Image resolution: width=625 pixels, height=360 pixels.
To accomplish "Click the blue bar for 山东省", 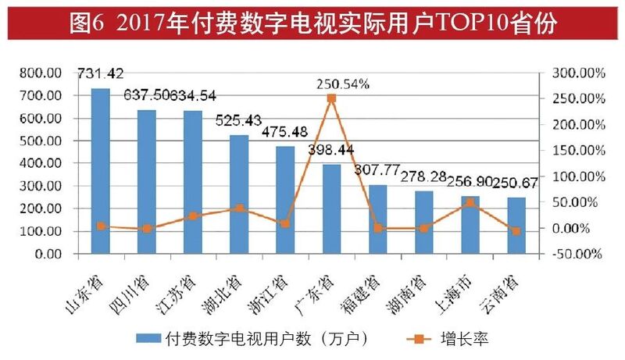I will point(101,172).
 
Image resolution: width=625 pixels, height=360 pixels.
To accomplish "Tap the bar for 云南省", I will point(516,226).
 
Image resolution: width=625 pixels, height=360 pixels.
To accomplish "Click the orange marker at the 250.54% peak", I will point(331,98).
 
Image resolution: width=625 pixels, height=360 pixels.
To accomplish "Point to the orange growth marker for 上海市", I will point(470,202).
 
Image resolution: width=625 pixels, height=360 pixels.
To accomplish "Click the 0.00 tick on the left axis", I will point(49,255).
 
